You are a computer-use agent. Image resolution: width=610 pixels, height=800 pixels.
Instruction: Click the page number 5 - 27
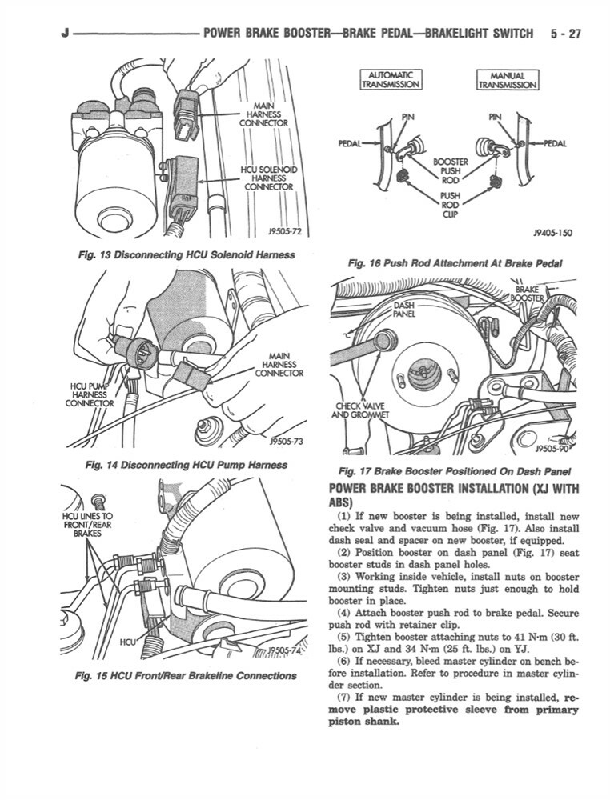pos(565,34)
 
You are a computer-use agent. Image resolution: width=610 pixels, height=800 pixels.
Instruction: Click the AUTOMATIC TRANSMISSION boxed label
pos(391,78)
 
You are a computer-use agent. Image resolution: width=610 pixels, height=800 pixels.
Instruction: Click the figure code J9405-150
pos(552,234)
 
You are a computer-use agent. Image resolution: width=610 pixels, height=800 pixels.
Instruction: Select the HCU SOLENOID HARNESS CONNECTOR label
pos(268,178)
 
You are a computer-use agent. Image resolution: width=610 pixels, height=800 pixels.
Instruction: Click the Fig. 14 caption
pos(186,465)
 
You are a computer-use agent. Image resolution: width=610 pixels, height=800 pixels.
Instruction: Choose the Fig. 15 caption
pos(185,676)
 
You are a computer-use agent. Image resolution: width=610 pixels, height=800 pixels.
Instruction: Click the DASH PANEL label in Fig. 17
pos(406,310)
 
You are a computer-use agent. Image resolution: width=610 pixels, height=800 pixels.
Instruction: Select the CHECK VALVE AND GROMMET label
pos(362,410)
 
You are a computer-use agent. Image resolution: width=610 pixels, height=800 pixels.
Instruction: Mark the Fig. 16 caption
pos(454,263)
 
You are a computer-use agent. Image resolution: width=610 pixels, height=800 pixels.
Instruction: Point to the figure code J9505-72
pos(284,233)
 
